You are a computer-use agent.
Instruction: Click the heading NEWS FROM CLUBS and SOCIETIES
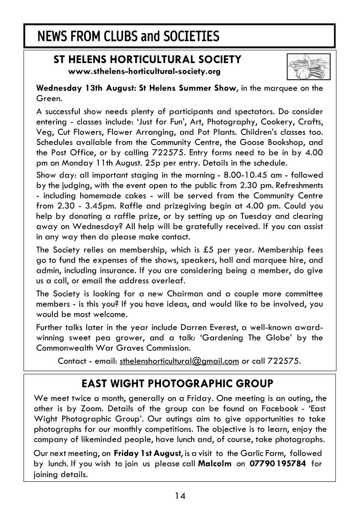click(x=128, y=37)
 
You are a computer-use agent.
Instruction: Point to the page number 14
click(x=180, y=496)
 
